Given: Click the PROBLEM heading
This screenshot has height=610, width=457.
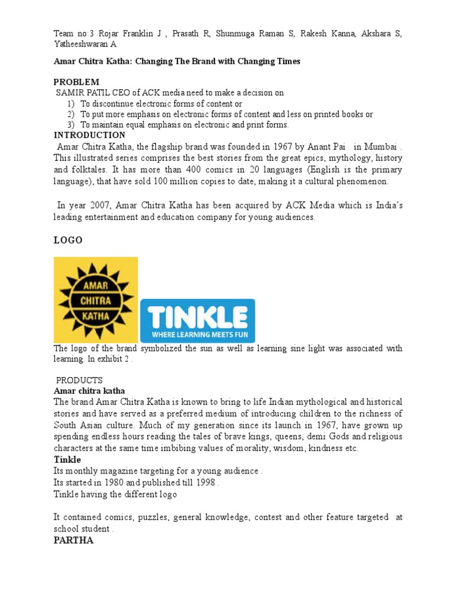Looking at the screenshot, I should [77, 82].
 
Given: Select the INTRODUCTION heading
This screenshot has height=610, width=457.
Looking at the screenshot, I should [89, 135].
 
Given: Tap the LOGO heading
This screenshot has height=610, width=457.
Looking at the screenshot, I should [68, 240].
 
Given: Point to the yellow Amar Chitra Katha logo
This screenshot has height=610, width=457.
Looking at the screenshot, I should [96, 299].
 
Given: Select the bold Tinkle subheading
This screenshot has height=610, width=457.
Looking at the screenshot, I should [67, 460].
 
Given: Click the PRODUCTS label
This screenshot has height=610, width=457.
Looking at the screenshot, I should [79, 380].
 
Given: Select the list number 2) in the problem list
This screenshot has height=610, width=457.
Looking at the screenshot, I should [71, 114].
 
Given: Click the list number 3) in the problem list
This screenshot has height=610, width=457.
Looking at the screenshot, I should [71, 125].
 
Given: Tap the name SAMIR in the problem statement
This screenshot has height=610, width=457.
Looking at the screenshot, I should [70, 92].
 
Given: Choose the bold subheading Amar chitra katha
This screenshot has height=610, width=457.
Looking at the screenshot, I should [89, 391].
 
